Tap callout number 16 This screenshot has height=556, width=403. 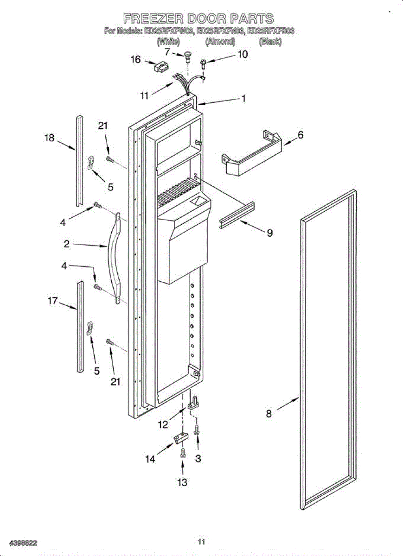point(135,60)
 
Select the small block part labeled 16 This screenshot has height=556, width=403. point(160,67)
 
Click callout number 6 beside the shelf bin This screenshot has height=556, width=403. point(301,135)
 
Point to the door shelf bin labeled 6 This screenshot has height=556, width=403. point(250,153)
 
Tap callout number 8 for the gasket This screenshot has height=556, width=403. point(269,414)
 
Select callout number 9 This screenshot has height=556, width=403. point(269,233)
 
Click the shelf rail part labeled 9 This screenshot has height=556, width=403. point(238,214)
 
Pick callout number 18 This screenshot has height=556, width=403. point(49,138)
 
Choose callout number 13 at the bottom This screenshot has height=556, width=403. point(183,482)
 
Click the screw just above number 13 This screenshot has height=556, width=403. point(183,453)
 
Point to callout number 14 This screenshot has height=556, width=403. point(150,458)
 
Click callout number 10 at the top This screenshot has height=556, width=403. point(243,54)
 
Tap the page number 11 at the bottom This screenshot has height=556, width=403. point(201,542)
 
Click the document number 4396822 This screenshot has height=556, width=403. point(19,543)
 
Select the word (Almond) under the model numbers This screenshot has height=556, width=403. point(220,42)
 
